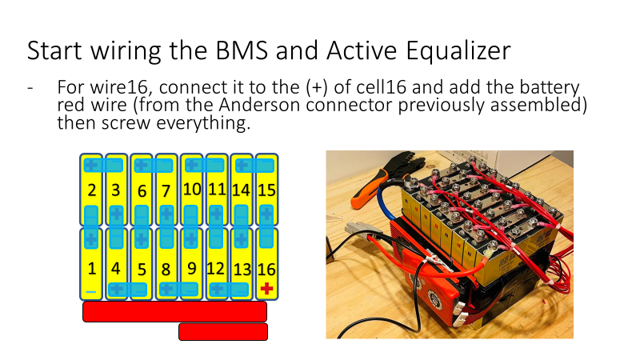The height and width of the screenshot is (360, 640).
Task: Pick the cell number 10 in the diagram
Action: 192,190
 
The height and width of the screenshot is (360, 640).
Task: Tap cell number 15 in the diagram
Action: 266,190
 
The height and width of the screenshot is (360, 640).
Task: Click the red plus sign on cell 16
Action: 266,288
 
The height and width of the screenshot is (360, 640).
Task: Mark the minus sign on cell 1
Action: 91,290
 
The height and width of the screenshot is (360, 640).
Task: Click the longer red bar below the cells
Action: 174,311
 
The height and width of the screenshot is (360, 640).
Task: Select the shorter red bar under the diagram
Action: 222,331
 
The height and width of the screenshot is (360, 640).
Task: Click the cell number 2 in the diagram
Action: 92,190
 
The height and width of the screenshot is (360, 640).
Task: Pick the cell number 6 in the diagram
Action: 142,190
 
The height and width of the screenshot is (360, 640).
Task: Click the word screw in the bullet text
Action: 160,123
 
